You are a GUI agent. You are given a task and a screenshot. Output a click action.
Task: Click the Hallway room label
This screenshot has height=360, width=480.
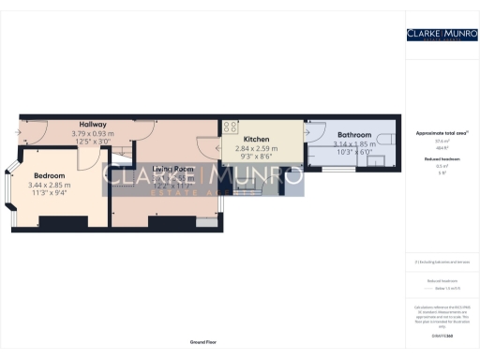point(93,125)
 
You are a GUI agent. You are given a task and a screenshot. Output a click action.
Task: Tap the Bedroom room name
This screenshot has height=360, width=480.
point(49,175)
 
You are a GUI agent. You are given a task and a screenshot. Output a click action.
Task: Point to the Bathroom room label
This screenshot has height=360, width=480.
point(354,135)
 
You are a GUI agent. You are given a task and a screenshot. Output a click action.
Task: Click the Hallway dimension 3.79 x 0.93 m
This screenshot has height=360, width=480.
point(93,133)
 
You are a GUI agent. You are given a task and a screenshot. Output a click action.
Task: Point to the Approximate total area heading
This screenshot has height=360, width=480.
point(442,133)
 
